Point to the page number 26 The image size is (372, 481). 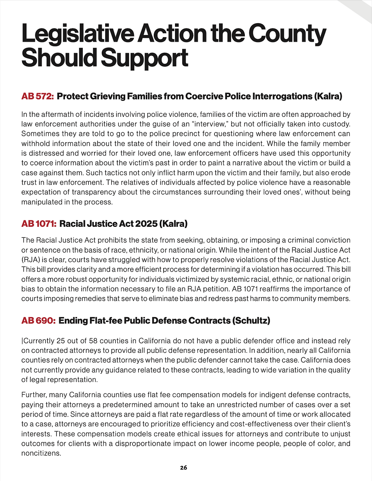click(x=183, y=468)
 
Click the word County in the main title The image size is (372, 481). click(x=287, y=34)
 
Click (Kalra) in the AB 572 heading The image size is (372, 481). click(x=328, y=96)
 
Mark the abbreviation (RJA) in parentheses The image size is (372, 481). click(x=30, y=260)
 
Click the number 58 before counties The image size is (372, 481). click(x=92, y=341)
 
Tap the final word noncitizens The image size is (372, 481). click(x=41, y=453)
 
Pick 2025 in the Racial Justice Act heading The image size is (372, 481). click(x=143, y=224)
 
